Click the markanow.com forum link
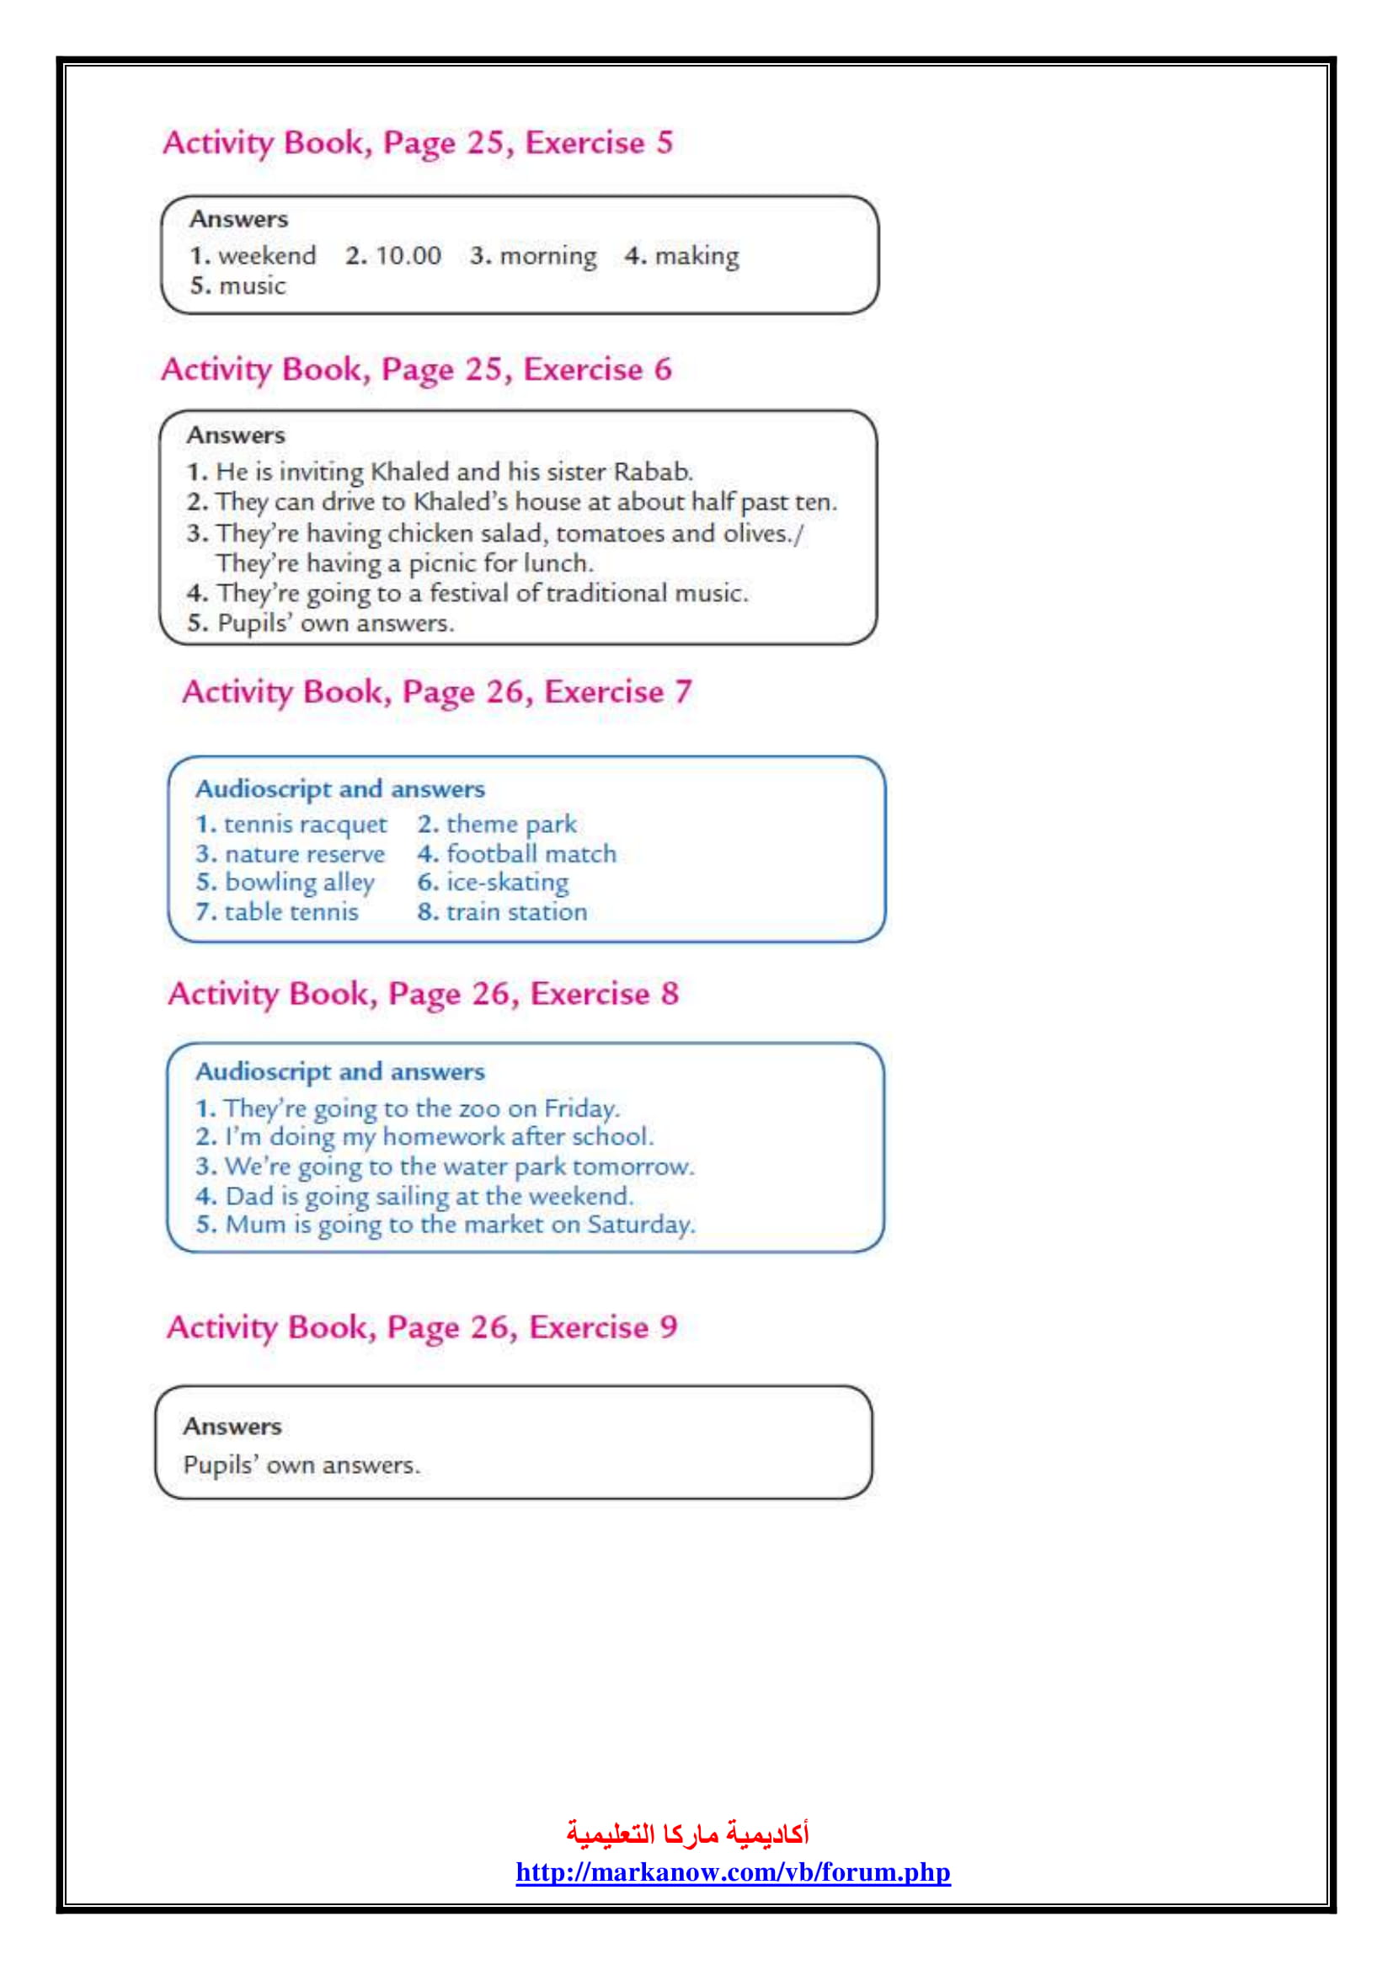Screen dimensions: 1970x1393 (x=733, y=1871)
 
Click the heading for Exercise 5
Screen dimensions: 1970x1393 (x=418, y=142)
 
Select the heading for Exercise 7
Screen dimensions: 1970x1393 (x=436, y=691)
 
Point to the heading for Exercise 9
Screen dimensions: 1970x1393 (x=422, y=1327)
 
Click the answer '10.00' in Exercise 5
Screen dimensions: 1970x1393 (x=408, y=256)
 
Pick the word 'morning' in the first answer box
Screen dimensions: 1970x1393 (x=547, y=256)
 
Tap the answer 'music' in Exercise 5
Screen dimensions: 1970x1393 (x=252, y=286)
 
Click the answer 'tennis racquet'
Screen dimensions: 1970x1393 (x=306, y=825)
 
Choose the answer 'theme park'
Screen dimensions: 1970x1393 (x=511, y=825)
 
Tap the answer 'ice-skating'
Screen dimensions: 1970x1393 (x=507, y=882)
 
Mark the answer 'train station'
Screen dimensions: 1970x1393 (x=516, y=911)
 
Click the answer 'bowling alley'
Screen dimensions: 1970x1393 (x=299, y=882)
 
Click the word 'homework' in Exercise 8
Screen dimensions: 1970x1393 (x=443, y=1137)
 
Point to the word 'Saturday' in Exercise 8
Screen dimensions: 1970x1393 (x=640, y=1225)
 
